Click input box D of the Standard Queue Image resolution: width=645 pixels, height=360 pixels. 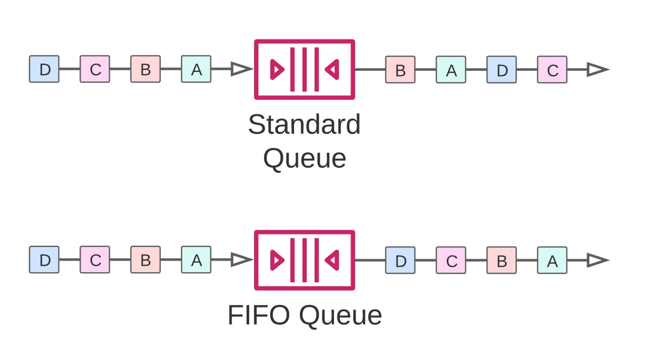click(x=44, y=69)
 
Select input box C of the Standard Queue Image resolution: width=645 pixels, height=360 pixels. click(x=95, y=69)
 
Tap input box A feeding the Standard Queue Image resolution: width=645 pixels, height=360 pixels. click(x=196, y=69)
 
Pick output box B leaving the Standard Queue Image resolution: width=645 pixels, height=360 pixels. click(x=400, y=70)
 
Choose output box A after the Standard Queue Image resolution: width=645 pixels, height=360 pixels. click(x=451, y=70)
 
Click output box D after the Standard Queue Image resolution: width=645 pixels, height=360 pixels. click(x=501, y=70)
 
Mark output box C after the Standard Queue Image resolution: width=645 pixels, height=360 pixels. click(x=552, y=70)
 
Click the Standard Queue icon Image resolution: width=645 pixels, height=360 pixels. click(x=304, y=69)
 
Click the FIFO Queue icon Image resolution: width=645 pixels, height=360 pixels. click(x=304, y=260)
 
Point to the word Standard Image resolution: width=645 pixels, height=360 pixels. click(x=304, y=125)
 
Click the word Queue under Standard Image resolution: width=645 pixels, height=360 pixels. click(x=304, y=159)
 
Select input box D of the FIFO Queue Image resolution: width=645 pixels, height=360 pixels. click(x=44, y=260)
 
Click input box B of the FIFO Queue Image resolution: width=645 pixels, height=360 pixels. click(x=145, y=260)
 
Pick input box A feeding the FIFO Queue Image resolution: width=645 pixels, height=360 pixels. click(x=196, y=260)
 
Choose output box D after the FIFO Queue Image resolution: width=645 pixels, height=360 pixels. click(x=400, y=261)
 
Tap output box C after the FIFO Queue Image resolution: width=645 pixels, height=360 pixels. click(x=451, y=261)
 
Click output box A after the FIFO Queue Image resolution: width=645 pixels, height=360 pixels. click(x=552, y=261)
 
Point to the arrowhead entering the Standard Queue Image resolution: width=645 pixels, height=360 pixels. click(x=241, y=69)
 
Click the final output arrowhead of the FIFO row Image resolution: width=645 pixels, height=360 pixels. click(x=597, y=261)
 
